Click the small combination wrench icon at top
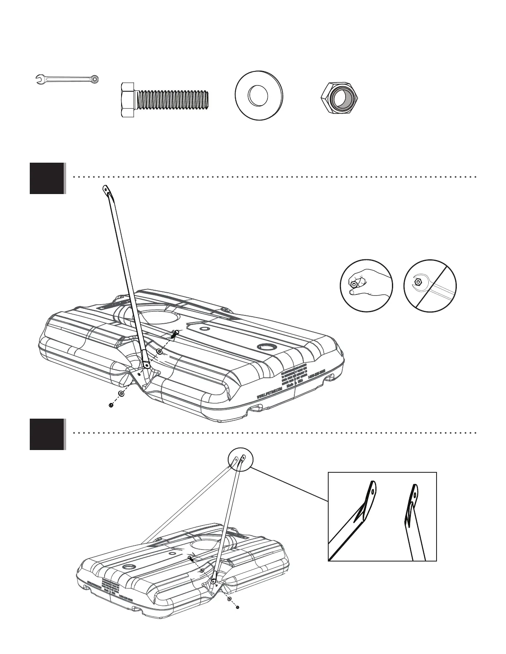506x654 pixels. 67,78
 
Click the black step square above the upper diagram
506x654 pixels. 47,178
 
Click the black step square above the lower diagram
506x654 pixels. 47,434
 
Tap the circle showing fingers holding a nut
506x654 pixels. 366,286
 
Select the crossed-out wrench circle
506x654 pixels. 430,286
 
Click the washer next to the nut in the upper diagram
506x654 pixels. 121,393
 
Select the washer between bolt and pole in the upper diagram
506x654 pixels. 159,351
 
